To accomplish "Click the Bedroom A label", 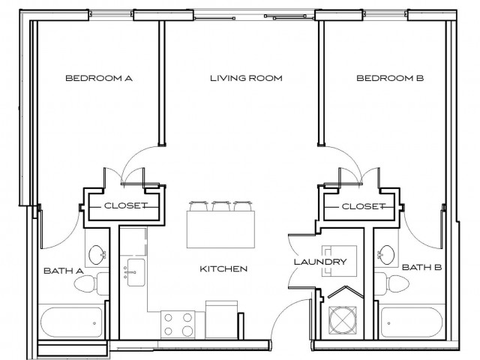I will (x=98, y=78).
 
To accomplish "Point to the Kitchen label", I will (x=223, y=268).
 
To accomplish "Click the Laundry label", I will (x=319, y=262).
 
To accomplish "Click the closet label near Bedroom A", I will (x=124, y=205).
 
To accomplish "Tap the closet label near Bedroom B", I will (x=363, y=205).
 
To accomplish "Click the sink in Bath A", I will (x=96, y=255).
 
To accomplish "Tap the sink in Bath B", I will (x=385, y=255).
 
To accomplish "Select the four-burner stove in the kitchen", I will (x=177, y=322).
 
